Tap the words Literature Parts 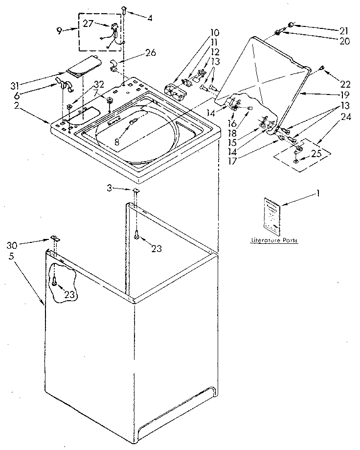click(274, 240)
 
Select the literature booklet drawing click(270, 214)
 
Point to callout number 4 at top click(149, 19)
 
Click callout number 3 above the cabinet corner click(110, 188)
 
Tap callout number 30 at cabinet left click(13, 245)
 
